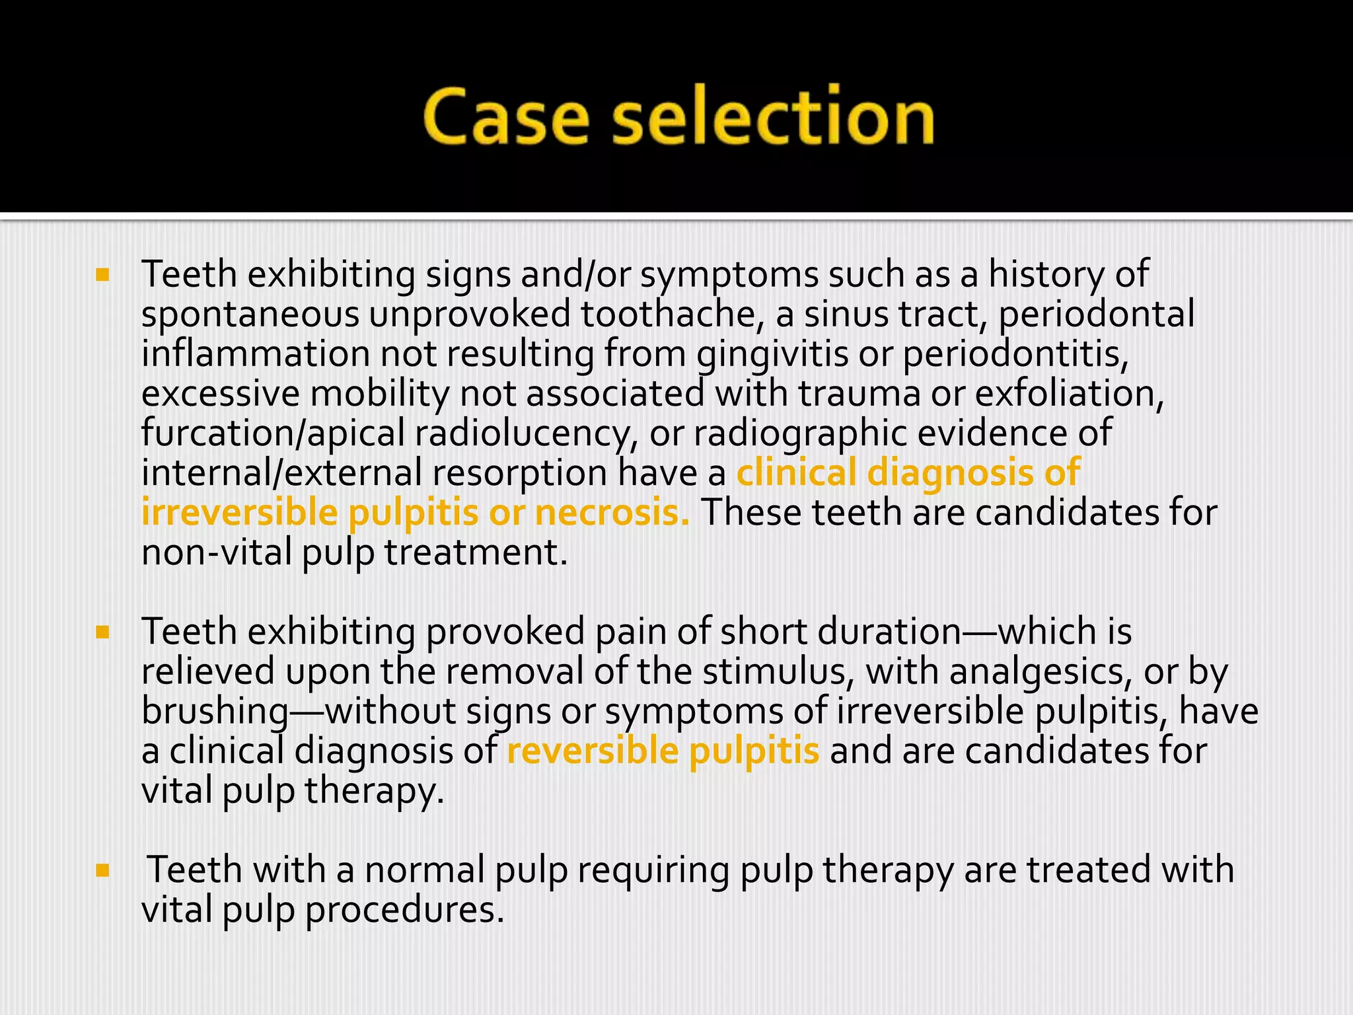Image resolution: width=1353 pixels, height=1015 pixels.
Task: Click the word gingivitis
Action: [772, 355]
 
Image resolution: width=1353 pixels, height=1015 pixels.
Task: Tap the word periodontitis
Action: [1015, 355]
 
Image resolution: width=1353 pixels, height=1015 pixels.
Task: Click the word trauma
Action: [859, 395]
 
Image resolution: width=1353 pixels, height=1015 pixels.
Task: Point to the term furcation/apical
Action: [273, 434]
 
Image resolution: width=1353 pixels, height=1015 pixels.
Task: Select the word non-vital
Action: [217, 553]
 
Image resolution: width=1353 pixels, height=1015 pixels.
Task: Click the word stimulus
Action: [778, 672]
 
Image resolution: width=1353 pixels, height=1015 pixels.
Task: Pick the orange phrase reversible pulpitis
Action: [663, 752]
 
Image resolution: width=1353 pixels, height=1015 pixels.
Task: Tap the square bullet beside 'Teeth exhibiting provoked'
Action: [102, 633]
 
